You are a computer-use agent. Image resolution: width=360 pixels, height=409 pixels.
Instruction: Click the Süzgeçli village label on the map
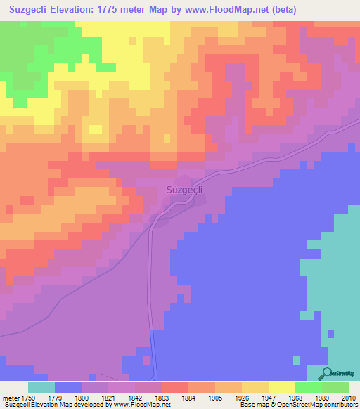click(186, 189)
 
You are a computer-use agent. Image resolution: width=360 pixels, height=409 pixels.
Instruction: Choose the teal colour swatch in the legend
click(41, 387)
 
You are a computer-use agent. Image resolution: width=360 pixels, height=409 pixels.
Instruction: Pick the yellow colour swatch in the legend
click(282, 387)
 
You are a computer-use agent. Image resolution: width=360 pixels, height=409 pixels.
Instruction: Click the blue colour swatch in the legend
click(68, 387)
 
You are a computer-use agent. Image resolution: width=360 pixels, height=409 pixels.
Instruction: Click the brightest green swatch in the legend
click(309, 387)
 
